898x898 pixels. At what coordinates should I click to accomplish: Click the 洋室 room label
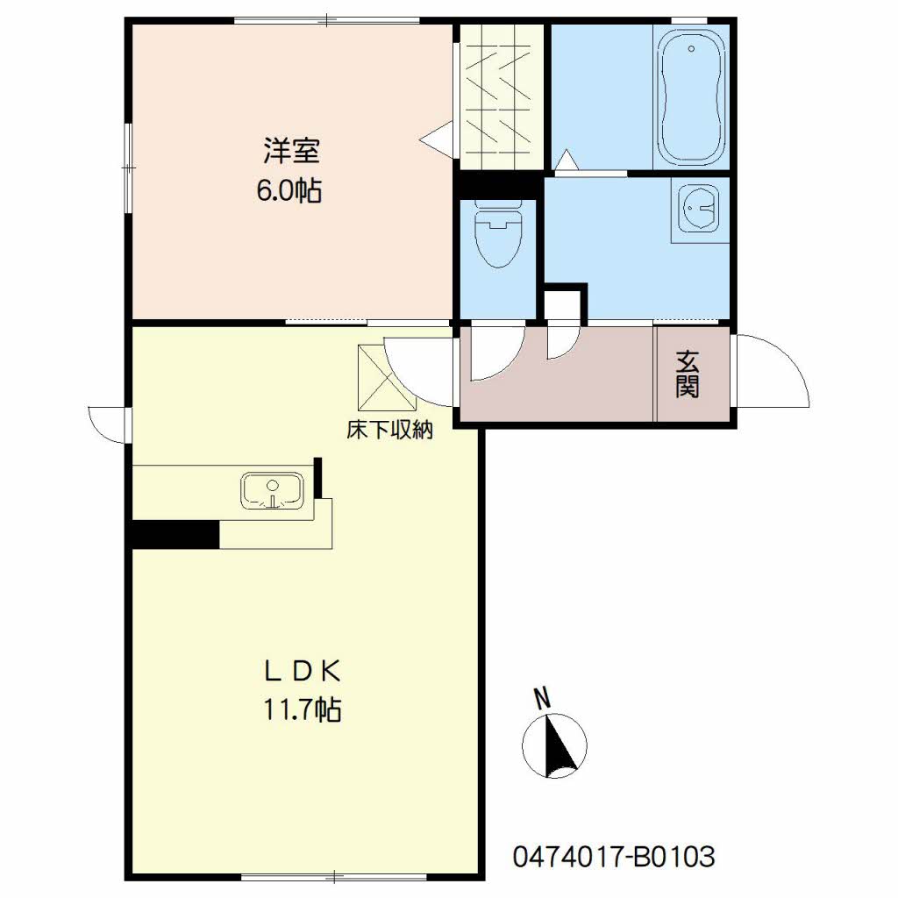point(291,151)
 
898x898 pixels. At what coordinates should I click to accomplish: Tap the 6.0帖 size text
point(289,190)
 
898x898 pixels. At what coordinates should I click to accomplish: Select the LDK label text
point(303,671)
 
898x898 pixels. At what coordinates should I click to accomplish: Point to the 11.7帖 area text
point(303,709)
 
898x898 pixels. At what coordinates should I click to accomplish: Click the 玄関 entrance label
point(688,374)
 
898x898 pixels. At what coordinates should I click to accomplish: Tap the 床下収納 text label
point(389,430)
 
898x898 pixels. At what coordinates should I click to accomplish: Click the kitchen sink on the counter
point(272,491)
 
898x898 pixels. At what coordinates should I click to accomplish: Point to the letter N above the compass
point(542,699)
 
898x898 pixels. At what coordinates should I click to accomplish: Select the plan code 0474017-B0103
point(614,857)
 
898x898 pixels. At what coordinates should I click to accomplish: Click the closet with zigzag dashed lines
point(502,96)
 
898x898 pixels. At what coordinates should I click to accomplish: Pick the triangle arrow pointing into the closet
point(436,138)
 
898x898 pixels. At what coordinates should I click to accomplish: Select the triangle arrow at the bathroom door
point(567,159)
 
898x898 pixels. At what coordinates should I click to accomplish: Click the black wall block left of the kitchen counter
point(175,534)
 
